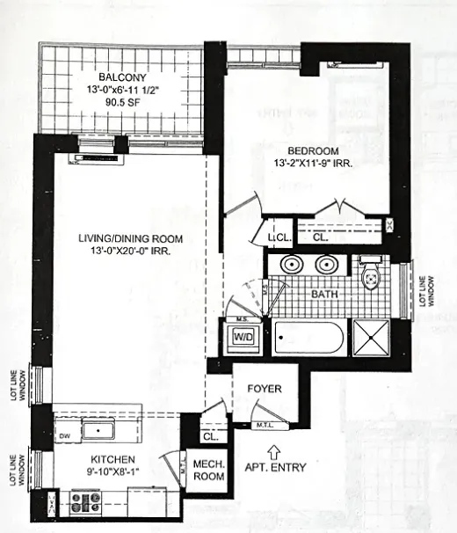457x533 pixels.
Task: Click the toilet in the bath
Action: tap(370, 275)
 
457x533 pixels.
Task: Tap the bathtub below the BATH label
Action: tap(309, 338)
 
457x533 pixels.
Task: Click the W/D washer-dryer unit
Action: tap(240, 335)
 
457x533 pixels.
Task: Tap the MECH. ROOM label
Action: tap(208, 471)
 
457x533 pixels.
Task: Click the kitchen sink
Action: tap(98, 431)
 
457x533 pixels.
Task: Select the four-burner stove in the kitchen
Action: tap(86, 502)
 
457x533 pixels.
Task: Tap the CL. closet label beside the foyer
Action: tap(210, 435)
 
